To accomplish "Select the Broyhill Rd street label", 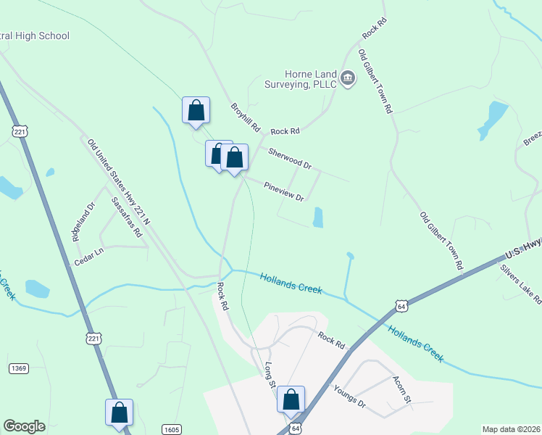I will [245, 116].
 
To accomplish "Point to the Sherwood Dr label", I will [289, 159].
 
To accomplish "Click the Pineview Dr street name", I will [283, 191].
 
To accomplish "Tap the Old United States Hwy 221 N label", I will [118, 181].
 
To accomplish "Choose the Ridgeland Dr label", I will [83, 222].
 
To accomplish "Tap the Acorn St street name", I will [401, 389].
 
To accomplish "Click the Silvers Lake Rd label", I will [520, 283].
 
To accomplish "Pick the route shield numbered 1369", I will [19, 368].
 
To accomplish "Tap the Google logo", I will [24, 426].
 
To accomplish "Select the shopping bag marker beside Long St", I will [291, 399].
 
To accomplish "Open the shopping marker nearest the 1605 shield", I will [119, 412].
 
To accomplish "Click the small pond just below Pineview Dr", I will [317, 217].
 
